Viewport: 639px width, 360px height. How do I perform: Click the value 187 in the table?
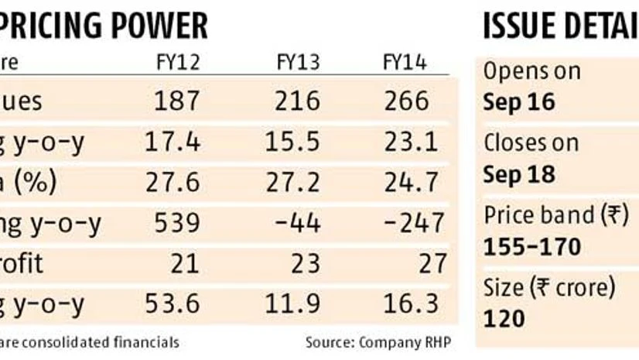click(x=176, y=101)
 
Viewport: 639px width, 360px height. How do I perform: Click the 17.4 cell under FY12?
click(x=172, y=142)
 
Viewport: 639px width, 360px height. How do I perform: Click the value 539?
click(x=176, y=224)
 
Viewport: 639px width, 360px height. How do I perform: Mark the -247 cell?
click(x=415, y=224)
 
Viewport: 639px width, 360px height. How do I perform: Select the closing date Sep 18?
click(x=518, y=174)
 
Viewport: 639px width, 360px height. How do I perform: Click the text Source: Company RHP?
click(x=378, y=341)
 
